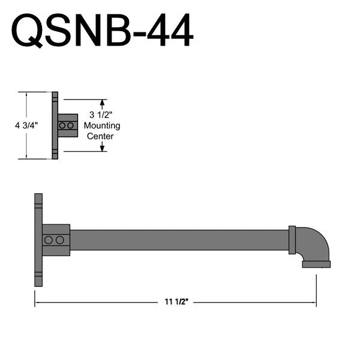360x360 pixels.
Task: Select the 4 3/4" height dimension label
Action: pyautogui.click(x=26, y=125)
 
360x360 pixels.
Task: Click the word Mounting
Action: pyautogui.click(x=102, y=125)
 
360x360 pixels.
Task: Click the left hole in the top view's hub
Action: pyautogui.click(x=62, y=125)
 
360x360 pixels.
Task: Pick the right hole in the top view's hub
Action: pyautogui.click(x=71, y=125)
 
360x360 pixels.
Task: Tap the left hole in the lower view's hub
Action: pyautogui.click(x=49, y=240)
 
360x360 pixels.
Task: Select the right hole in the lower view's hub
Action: pyautogui.click(x=59, y=240)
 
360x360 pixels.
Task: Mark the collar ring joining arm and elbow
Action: pyautogui.click(x=292, y=240)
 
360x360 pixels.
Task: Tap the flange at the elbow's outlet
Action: pyautogui.click(x=316, y=264)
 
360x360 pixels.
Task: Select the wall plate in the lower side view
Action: pyautogui.click(x=38, y=240)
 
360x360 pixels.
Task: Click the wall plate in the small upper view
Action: pyautogui.click(x=55, y=125)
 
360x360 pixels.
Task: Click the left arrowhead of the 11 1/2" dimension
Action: pyautogui.click(x=37, y=303)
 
